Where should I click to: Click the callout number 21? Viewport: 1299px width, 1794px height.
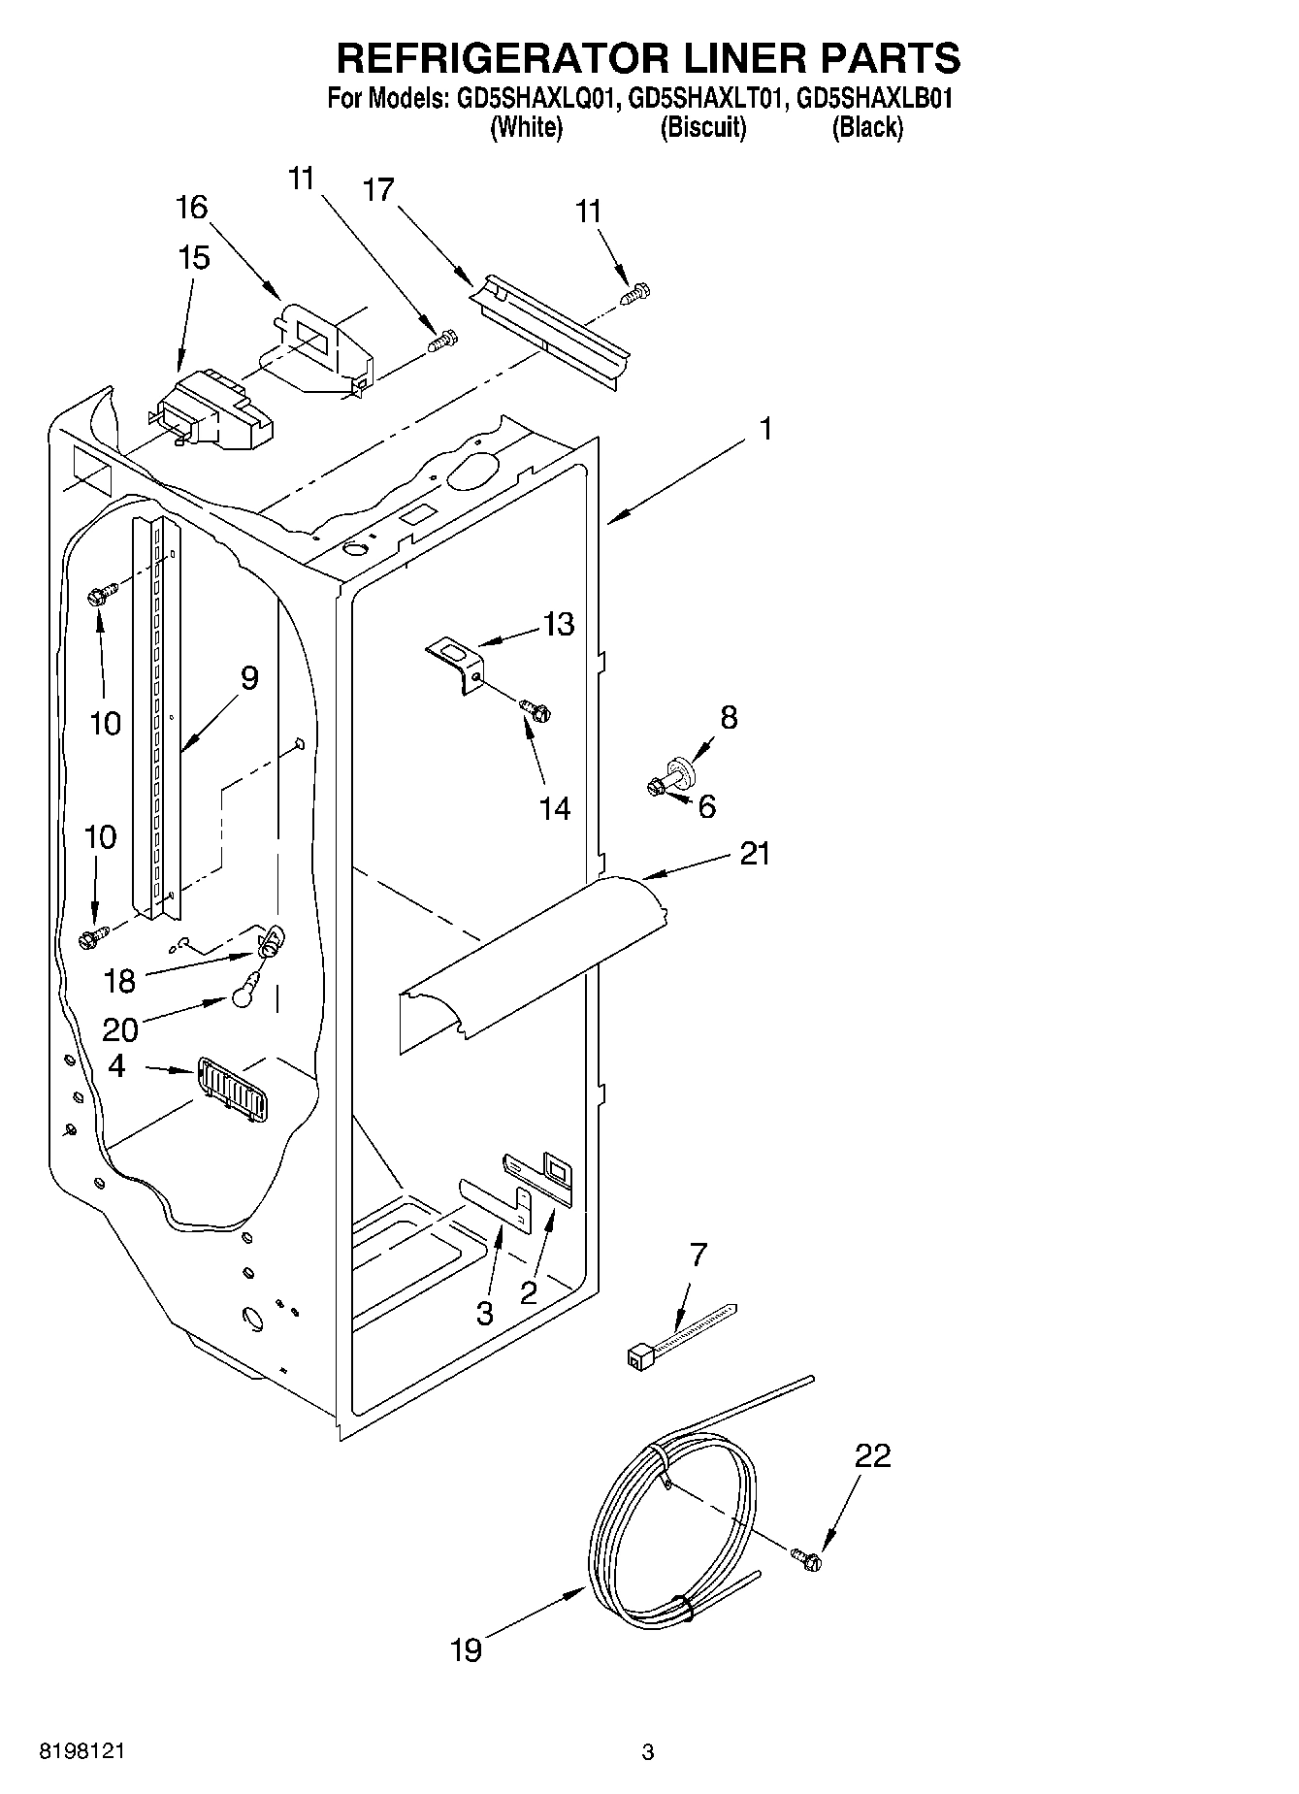pos(754,854)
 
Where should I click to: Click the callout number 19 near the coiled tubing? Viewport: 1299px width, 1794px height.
pos(466,1649)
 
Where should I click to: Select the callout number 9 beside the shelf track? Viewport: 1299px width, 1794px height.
pos(249,678)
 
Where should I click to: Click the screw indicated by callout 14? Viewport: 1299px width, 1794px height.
pos(535,711)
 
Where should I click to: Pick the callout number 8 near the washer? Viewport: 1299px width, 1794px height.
pos(729,718)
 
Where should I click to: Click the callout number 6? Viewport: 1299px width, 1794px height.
pos(706,805)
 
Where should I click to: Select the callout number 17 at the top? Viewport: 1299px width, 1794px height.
pos(379,190)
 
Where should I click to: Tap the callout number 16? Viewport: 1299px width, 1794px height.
pos(192,207)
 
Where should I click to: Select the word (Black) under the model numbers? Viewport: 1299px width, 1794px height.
pos(866,127)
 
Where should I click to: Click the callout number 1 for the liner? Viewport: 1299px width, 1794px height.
pos(765,428)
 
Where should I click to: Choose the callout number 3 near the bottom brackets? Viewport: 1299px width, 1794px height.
pos(484,1314)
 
